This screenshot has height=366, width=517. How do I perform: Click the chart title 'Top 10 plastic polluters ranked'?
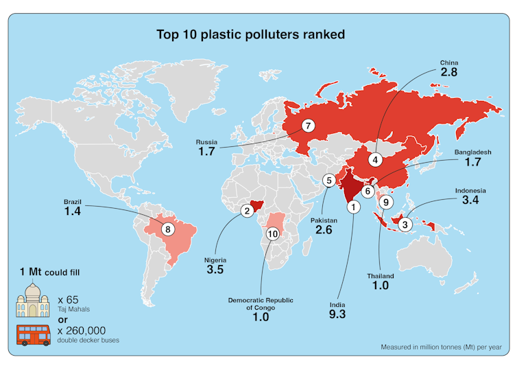pyautogui.click(x=250, y=34)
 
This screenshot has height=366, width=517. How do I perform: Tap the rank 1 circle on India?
pyautogui.click(x=352, y=206)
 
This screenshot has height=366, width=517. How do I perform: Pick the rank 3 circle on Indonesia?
pyautogui.click(x=405, y=224)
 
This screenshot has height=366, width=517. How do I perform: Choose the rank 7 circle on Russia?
pyautogui.click(x=309, y=126)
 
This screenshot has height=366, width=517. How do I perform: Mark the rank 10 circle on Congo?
pyautogui.click(x=272, y=234)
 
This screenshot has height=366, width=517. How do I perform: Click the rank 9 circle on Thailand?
pyautogui.click(x=386, y=202)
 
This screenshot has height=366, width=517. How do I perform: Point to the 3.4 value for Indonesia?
pyautogui.click(x=470, y=202)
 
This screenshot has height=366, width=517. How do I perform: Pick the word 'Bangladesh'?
pyautogui.click(x=472, y=152)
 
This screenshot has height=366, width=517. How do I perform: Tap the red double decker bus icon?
pyautogui.click(x=34, y=336)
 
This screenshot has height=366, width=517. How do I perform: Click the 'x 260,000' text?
pyautogui.click(x=86, y=331)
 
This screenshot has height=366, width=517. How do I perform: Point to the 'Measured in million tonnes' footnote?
pyautogui.click(x=444, y=347)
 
